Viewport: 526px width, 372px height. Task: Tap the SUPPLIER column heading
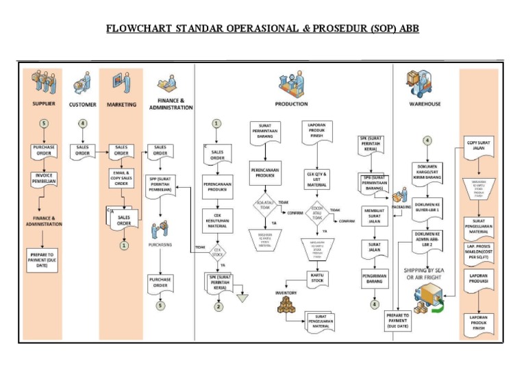(x=45, y=104)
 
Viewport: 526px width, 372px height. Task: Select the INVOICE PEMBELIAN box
(x=45, y=179)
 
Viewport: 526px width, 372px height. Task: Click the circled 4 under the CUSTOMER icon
(x=82, y=123)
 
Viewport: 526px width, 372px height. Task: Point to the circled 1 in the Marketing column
(x=123, y=243)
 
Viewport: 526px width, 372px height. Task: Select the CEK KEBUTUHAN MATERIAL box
(x=217, y=221)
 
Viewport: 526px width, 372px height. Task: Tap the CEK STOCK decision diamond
(x=217, y=253)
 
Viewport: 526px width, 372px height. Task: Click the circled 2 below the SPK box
(x=217, y=306)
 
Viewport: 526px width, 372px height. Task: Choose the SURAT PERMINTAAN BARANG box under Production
(x=264, y=132)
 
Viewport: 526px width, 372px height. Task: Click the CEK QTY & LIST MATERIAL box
(x=317, y=179)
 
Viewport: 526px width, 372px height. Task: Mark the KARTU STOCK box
(x=317, y=277)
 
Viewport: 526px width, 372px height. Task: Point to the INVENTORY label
(x=286, y=293)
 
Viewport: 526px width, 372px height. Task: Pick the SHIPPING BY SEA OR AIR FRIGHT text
(x=427, y=273)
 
